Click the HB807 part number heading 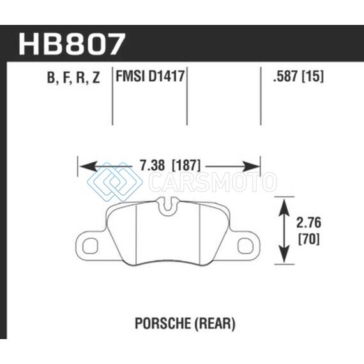[72, 44]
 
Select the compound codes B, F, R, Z [73, 77]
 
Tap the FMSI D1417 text [150, 76]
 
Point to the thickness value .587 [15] [298, 76]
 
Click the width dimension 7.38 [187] [170, 165]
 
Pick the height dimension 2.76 [308, 222]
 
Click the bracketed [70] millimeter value [308, 239]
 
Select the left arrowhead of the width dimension [87, 167]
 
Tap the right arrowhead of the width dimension [251, 167]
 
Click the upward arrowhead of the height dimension [284, 208]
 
